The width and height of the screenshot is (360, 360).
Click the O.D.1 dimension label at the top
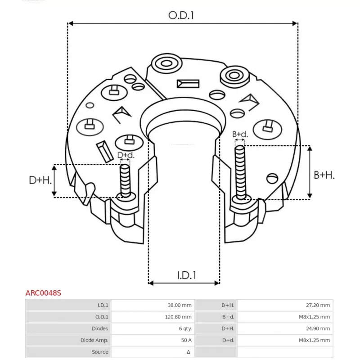tap(181, 15)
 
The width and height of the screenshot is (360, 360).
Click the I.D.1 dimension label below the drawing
tap(187, 275)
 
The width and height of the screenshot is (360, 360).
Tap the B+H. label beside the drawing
tap(324, 175)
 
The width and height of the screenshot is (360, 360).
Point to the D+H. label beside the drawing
tap(40, 180)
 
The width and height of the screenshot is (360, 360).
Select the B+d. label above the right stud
tap(240, 134)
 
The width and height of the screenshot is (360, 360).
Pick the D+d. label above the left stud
tap(126, 155)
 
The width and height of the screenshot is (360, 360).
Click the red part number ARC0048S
tap(43, 293)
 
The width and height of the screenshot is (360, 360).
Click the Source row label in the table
tap(99, 352)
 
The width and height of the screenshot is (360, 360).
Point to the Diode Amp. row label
tap(94, 340)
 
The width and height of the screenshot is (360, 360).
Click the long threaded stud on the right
tap(240, 172)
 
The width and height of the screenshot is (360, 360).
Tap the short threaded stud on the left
tap(125, 181)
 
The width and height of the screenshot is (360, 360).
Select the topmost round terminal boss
tap(166, 63)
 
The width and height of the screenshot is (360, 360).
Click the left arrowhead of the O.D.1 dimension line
tap(71, 23)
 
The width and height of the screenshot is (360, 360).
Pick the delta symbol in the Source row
tap(189, 352)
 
